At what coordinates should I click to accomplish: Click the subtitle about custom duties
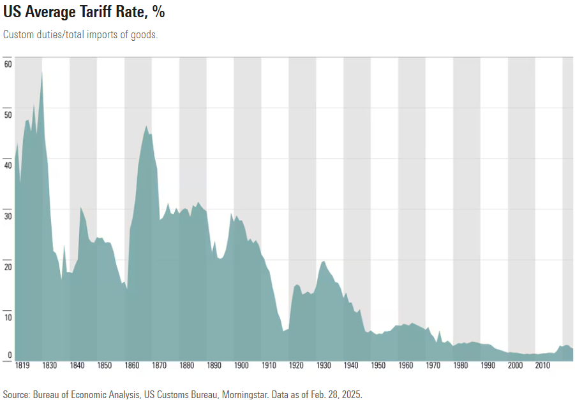80,35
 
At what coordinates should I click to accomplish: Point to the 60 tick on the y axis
8,64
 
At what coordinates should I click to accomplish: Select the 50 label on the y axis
8,115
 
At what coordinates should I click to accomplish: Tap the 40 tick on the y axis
8,166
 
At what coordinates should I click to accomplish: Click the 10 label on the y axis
8,317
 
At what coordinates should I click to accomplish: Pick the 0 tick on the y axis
10,355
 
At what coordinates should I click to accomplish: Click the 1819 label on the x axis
22,366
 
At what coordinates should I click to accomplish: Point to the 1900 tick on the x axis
241,366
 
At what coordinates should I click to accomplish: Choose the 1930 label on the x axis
324,366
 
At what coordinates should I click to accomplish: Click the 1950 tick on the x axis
378,366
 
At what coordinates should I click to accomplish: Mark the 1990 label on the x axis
488,366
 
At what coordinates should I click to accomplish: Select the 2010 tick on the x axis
542,366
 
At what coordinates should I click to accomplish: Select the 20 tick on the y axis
8,267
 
